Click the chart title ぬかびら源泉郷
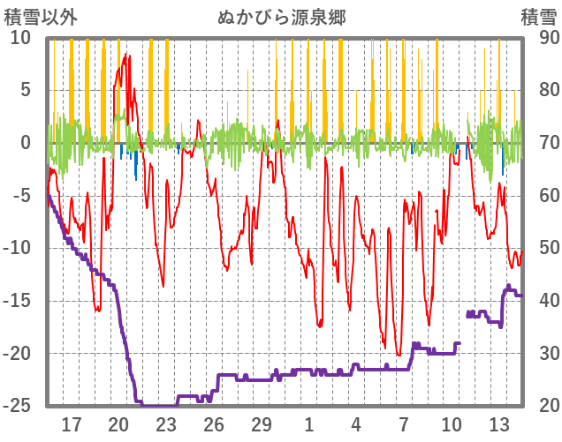click(281, 17)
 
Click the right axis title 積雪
click(538, 17)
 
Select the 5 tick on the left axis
click(26, 90)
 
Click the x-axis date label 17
click(71, 424)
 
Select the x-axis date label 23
click(166, 424)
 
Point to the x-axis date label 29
click(262, 424)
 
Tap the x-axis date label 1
click(309, 424)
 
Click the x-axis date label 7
click(404, 424)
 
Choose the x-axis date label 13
click(499, 424)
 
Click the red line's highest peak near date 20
click(128, 55)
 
